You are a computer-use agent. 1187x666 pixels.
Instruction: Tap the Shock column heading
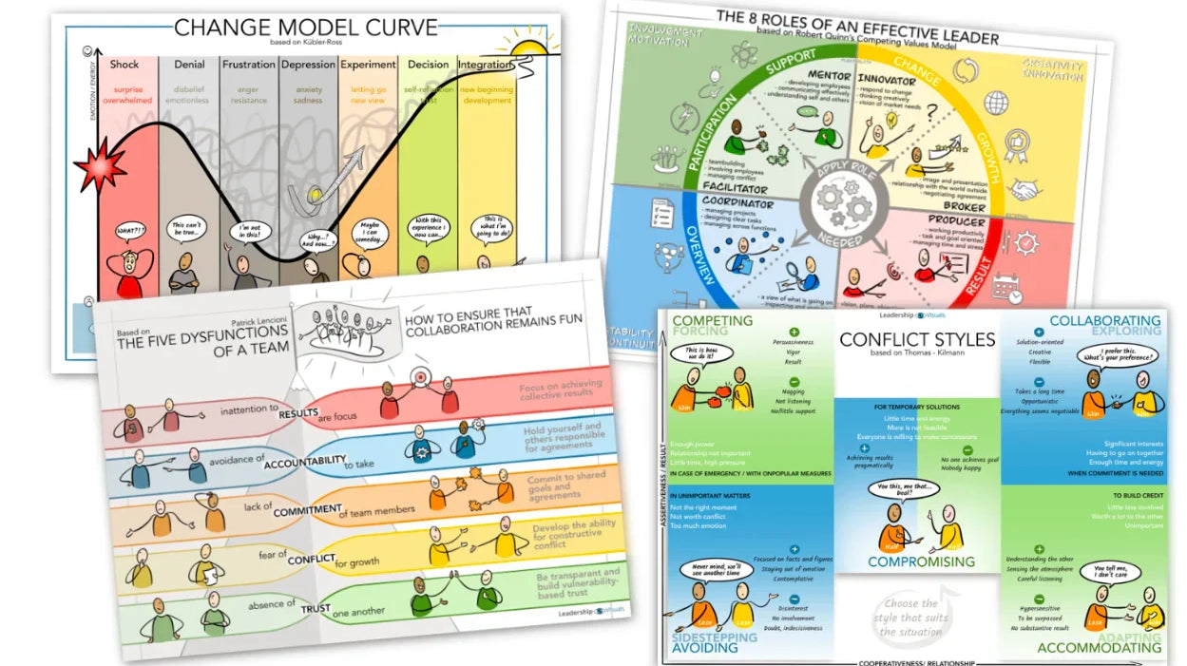pyautogui.click(x=124, y=65)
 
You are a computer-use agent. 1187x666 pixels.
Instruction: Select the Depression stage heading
pyautogui.click(x=308, y=65)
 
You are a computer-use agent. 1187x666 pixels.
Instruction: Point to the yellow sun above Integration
pyautogui.click(x=528, y=43)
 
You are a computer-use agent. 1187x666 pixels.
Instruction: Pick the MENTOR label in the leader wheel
pyautogui.click(x=830, y=75)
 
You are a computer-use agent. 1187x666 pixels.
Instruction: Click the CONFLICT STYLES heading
pyautogui.click(x=917, y=339)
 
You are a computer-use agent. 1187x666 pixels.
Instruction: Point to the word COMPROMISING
pyautogui.click(x=920, y=561)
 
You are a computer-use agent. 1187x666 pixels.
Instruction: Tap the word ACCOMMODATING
pyautogui.click(x=1099, y=648)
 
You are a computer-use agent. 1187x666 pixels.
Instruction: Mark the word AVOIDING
pyautogui.click(x=704, y=648)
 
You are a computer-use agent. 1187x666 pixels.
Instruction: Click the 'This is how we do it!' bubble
pyautogui.click(x=704, y=354)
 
